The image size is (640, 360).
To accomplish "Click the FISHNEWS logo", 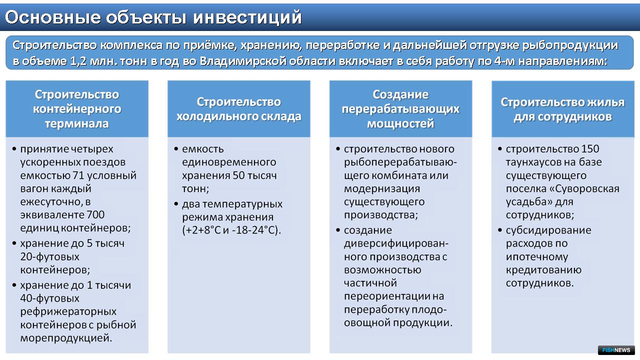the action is click(x=616, y=350).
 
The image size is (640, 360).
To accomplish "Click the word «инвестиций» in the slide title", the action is click(x=247, y=17).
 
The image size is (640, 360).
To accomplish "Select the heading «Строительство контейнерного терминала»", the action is click(x=77, y=109).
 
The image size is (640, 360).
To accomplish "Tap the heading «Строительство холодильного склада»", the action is click(x=239, y=109).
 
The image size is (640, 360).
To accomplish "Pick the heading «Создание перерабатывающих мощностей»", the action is click(x=400, y=109).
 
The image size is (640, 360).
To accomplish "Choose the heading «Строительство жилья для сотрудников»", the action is click(x=562, y=109).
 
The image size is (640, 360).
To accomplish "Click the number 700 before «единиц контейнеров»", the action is click(x=95, y=214).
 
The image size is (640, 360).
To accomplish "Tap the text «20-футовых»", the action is click(x=49, y=256).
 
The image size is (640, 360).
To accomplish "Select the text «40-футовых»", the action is click(x=49, y=298).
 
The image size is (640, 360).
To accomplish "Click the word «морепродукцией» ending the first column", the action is click(x=66, y=338).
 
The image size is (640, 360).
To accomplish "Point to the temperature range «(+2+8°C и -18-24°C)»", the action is click(x=231, y=230).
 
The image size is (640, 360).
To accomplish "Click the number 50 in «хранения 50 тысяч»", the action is click(x=239, y=175).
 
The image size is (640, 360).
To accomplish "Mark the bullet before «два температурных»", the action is click(x=176, y=204).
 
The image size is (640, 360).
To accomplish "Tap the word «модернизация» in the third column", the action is click(x=382, y=188).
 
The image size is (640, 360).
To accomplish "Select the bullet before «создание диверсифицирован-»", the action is click(x=338, y=230).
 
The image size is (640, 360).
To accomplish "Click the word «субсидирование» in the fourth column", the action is click(x=548, y=230).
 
